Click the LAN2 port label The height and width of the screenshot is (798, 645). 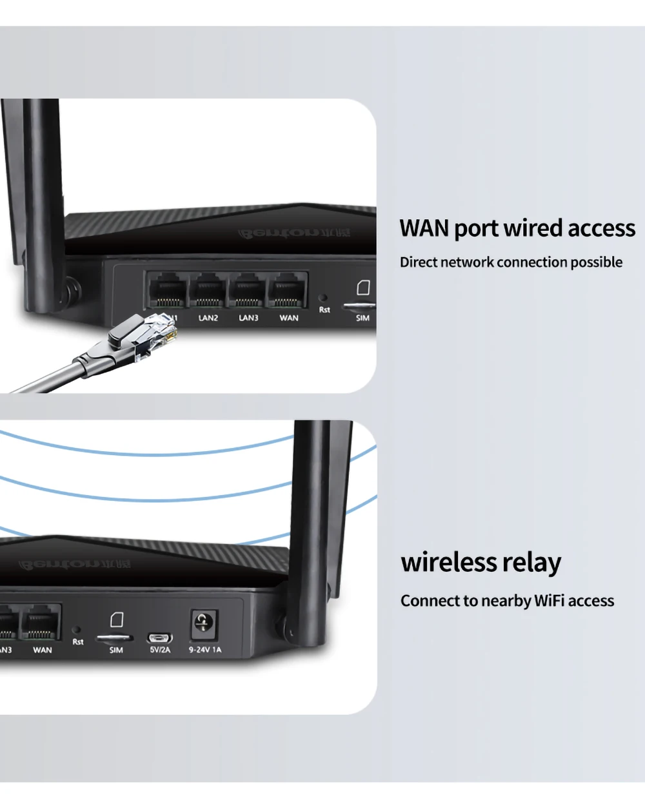tap(208, 318)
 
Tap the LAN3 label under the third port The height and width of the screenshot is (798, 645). tap(248, 318)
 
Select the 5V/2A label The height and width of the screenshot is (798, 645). tap(160, 650)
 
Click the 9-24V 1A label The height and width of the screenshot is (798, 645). tap(204, 650)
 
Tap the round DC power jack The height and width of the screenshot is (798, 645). tap(204, 623)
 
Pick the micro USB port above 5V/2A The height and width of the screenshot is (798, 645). tap(160, 638)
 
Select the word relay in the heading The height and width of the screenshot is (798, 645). tap(531, 562)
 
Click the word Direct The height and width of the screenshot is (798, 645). tap(418, 262)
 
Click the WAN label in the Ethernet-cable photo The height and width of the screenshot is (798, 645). tap(288, 318)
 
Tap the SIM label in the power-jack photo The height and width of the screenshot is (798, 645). tap(116, 650)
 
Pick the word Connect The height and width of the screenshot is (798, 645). tap(430, 601)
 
